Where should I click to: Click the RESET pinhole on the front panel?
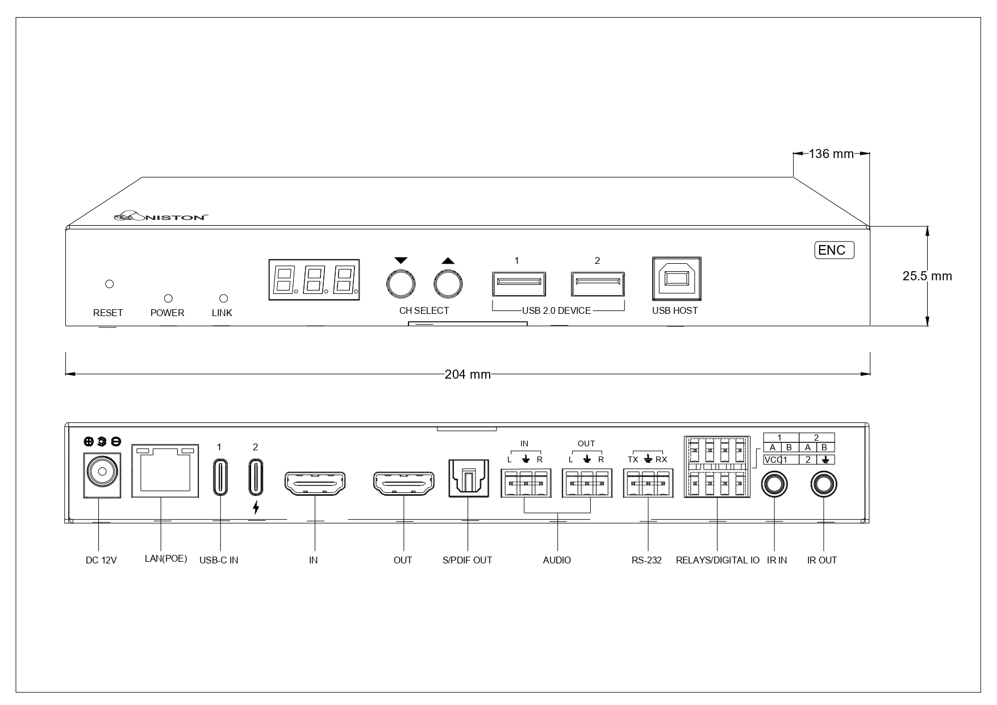click(x=110, y=284)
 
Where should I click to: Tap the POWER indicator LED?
click(x=168, y=298)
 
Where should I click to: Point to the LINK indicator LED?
click(x=223, y=298)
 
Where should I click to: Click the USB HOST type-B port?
click(x=677, y=279)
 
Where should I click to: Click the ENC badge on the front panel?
click(x=834, y=250)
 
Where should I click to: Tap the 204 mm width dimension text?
click(x=468, y=374)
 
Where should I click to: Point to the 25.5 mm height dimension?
click(x=927, y=276)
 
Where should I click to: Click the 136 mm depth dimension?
click(x=831, y=154)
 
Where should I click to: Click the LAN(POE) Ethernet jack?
click(x=165, y=471)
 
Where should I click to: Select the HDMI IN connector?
click(x=314, y=483)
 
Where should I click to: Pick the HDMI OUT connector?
click(x=403, y=483)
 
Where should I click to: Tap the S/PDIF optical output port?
click(x=467, y=477)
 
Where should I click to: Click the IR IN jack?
click(x=774, y=485)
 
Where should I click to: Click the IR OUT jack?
click(x=823, y=485)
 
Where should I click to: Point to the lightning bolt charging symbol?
click(x=256, y=508)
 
